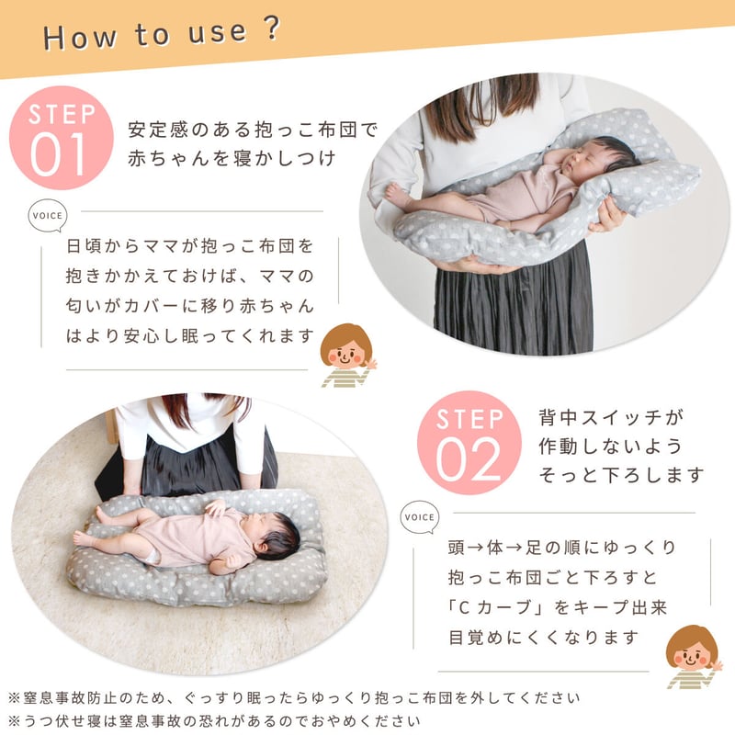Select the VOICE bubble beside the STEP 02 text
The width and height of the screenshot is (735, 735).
click(x=420, y=517)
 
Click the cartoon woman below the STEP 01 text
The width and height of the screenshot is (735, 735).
click(x=347, y=355)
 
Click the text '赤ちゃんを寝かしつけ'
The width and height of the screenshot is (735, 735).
click(x=232, y=158)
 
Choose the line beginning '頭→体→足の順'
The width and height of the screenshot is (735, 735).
click(x=562, y=548)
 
